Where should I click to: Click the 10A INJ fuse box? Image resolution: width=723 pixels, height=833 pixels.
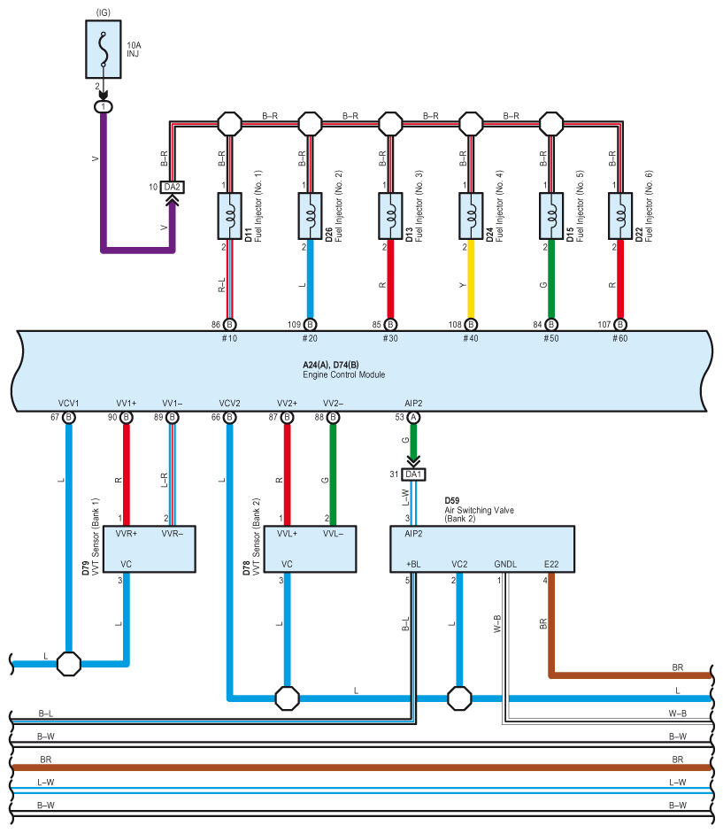(104, 50)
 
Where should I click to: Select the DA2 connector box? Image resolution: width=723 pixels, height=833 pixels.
(172, 187)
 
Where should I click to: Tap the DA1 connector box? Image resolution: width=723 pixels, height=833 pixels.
(413, 474)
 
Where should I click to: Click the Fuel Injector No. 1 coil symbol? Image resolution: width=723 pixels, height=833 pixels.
(229, 216)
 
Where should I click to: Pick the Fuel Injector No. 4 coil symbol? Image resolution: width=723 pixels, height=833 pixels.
(471, 216)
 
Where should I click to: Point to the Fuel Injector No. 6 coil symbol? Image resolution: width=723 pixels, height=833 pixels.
(620, 216)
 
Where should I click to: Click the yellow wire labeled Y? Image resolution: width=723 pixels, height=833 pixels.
(471, 279)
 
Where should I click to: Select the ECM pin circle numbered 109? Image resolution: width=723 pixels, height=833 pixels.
(311, 325)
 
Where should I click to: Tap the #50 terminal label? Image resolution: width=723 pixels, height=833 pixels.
(551, 338)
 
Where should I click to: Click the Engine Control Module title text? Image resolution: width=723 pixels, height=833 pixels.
(343, 374)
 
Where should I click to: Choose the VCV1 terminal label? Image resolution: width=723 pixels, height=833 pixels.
(68, 403)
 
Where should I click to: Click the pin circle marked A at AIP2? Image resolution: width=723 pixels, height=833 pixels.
(413, 418)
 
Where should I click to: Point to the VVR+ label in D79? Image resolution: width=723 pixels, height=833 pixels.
(127, 534)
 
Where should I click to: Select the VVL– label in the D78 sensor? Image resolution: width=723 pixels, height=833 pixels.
(333, 534)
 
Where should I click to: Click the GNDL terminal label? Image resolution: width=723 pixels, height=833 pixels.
(505, 564)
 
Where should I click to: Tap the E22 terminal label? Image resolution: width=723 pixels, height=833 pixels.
(551, 564)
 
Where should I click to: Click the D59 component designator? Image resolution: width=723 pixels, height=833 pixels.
(452, 500)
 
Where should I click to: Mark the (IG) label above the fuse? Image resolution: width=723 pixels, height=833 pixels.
(103, 12)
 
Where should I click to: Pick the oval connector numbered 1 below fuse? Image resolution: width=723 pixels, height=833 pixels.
(103, 107)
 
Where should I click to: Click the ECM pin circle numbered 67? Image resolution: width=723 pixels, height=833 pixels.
(68, 418)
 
